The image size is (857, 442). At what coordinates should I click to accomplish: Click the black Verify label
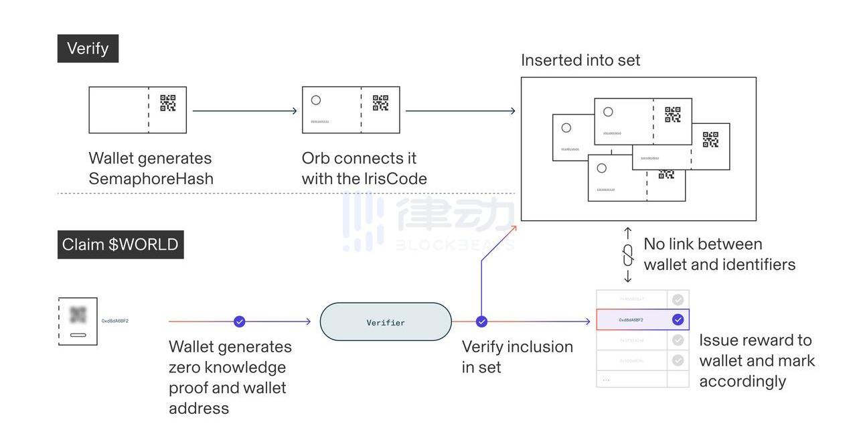point(88,49)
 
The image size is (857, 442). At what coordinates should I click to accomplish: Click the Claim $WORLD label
point(121,244)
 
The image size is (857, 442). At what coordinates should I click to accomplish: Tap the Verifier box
point(386,322)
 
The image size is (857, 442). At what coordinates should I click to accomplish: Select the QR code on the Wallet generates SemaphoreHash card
point(167,102)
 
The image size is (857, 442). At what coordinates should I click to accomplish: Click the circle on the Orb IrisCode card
point(316,100)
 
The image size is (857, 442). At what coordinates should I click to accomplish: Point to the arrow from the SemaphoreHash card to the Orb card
point(244,111)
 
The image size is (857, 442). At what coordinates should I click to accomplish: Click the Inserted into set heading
point(580,60)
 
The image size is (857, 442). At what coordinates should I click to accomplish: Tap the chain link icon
point(628,255)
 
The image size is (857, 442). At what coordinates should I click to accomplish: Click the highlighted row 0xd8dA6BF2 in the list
point(631,320)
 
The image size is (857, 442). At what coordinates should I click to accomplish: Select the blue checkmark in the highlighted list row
point(678,320)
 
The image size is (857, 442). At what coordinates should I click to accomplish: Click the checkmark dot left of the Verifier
point(240,322)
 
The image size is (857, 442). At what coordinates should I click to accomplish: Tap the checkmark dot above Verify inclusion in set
point(481,322)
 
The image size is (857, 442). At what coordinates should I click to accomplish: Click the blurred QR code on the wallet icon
point(78,315)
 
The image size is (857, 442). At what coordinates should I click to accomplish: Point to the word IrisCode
point(395,179)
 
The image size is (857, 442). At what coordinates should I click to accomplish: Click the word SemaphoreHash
point(151,179)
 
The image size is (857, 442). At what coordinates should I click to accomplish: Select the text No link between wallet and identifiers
point(719,254)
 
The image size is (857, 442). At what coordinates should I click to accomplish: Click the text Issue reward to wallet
point(756,350)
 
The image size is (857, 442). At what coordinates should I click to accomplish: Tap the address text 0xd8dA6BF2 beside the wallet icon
point(115,321)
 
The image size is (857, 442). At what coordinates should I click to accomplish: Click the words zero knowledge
point(228,368)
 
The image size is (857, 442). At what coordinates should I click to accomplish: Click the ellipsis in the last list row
point(606,380)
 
